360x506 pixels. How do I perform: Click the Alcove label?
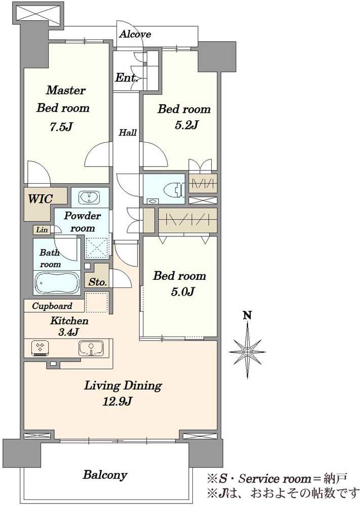[x=135, y=34]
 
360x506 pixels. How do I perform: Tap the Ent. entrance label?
[x=127, y=78]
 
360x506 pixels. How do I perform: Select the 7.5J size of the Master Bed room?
[x=61, y=127]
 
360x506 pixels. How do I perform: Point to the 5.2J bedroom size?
[x=186, y=124]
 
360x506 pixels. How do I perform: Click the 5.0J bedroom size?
[x=182, y=292]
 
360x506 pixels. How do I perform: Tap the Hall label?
[x=128, y=132]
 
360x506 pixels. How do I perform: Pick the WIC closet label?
[x=40, y=199]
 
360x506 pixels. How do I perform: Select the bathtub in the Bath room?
[x=57, y=283]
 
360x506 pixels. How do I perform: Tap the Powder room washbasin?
[x=89, y=197]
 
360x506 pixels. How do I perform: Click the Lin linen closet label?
[x=42, y=230]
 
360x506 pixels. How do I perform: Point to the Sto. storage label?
[x=98, y=282]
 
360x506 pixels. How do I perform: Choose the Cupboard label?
[x=52, y=306]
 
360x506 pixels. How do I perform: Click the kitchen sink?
[x=91, y=349]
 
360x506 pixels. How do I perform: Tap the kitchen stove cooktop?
[x=40, y=348]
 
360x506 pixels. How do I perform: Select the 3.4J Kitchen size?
[x=69, y=332]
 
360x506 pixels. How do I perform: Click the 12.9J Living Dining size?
[x=117, y=401]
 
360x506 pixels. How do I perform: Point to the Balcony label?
[x=105, y=475]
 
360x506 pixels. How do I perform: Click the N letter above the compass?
[x=247, y=315]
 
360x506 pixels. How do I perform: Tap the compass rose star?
[x=247, y=351]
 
